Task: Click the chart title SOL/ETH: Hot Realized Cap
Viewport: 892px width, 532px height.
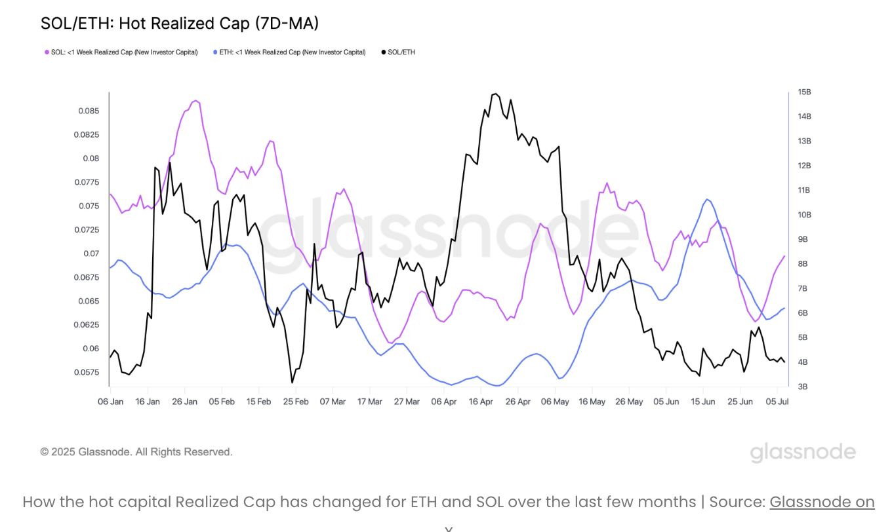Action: click(x=179, y=24)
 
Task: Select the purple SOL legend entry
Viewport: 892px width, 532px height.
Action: click(x=121, y=52)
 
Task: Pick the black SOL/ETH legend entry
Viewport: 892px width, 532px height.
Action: click(x=398, y=52)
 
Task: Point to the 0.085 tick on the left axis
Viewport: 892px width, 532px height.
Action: click(x=89, y=111)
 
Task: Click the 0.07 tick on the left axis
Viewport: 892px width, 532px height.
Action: click(x=91, y=254)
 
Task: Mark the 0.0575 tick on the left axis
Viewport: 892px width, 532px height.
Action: click(x=87, y=372)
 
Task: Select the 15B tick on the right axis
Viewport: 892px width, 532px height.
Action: click(x=804, y=92)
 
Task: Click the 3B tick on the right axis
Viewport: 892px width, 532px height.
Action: click(x=803, y=387)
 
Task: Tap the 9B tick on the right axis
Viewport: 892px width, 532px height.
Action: click(x=803, y=239)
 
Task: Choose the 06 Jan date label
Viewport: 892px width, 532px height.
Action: click(x=111, y=402)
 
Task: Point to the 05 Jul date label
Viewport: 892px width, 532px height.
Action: click(x=777, y=402)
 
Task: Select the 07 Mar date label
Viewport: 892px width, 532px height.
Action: click(x=333, y=402)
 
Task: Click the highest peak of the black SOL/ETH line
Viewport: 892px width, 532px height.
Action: click(x=496, y=94)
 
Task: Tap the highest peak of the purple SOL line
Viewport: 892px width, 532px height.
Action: click(x=196, y=101)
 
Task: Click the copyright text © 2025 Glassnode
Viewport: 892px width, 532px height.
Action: click(x=136, y=452)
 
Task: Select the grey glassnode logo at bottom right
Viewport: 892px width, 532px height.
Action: click(x=803, y=453)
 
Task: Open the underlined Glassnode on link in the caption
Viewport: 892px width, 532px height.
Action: click(x=822, y=502)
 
